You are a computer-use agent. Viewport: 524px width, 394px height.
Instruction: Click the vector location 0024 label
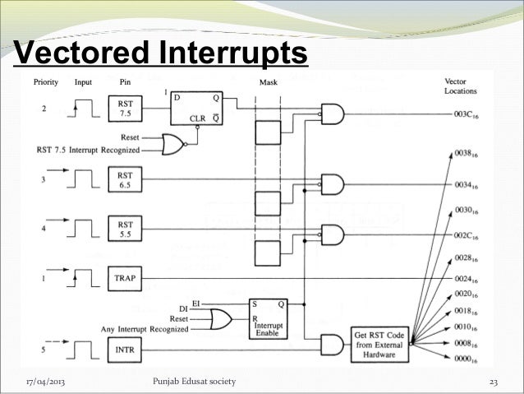[464, 279]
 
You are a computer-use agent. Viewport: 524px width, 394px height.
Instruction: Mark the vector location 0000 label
[464, 359]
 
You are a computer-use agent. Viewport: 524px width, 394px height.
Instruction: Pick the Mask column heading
[268, 83]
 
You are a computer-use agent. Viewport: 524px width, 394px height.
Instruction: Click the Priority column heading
[45, 83]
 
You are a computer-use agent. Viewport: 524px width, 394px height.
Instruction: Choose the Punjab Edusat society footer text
[195, 382]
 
